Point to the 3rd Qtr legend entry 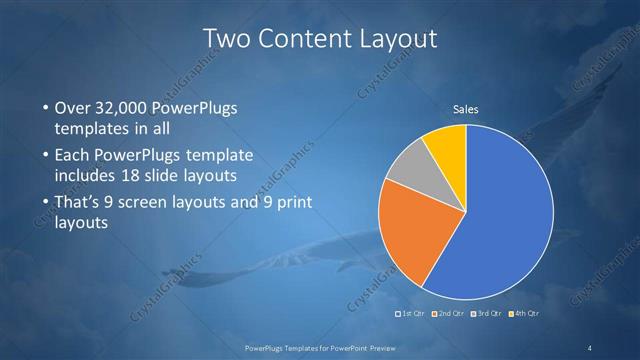pyautogui.click(x=490, y=314)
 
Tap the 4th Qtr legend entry pyautogui.click(x=527, y=314)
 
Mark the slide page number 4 pyautogui.click(x=590, y=347)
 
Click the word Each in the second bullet pyautogui.click(x=75, y=156)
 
